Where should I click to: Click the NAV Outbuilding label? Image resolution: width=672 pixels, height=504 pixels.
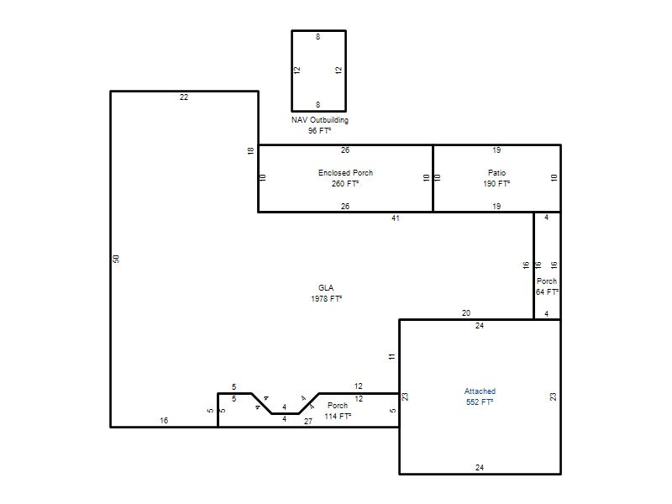[320, 120]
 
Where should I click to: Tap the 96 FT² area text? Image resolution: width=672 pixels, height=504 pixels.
[319, 131]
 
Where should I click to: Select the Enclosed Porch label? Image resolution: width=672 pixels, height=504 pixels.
[345, 173]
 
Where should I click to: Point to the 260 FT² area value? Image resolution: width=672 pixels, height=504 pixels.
[345, 183]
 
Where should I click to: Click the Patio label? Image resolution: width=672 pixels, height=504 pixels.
[496, 173]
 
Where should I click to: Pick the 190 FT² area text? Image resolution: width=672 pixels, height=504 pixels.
[496, 183]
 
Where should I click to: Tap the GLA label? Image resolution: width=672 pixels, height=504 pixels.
[326, 287]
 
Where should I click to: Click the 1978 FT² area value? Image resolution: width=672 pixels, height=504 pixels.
[326, 298]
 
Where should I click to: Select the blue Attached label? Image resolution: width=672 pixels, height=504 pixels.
[480, 391]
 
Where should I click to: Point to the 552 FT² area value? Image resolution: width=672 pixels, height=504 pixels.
[480, 402]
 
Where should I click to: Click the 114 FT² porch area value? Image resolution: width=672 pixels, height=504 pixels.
[338, 416]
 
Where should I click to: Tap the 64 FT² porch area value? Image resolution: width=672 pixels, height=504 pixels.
[547, 291]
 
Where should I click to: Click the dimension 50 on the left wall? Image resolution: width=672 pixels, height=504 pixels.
[116, 259]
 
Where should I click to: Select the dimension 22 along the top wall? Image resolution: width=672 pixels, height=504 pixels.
[184, 97]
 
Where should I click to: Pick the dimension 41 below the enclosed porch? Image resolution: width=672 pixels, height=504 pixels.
[396, 218]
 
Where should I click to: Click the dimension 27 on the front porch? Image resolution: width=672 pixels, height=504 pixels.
[308, 422]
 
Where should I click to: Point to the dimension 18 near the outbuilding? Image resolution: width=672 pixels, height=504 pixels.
[250, 150]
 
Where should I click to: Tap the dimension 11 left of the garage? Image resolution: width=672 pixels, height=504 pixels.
[392, 356]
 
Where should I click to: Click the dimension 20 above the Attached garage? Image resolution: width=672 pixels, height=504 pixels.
[466, 312]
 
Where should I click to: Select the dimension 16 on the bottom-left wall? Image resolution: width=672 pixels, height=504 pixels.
[164, 421]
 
